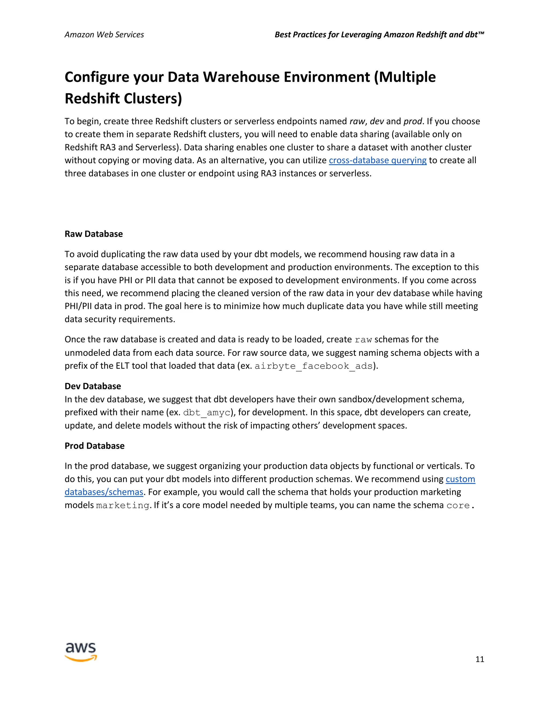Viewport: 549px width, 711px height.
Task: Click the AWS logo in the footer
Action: pos(81,652)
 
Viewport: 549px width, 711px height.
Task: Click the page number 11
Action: pos(479,659)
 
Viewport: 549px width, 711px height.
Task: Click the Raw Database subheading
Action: pos(94,234)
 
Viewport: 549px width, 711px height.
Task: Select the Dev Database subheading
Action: pos(93,386)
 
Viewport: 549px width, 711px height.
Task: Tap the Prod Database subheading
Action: pos(94,446)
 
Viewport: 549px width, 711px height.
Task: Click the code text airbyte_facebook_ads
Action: pos(314,366)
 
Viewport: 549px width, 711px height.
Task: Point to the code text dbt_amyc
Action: pos(206,413)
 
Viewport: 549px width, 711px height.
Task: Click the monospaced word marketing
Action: pos(123,505)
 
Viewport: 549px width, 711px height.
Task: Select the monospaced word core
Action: pos(458,505)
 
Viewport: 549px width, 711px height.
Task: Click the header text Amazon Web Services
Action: pos(104,35)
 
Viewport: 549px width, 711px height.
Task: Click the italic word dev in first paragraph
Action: pos(377,122)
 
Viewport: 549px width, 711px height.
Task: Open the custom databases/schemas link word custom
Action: pos(460,479)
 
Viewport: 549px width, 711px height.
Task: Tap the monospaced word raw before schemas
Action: pos(363,340)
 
